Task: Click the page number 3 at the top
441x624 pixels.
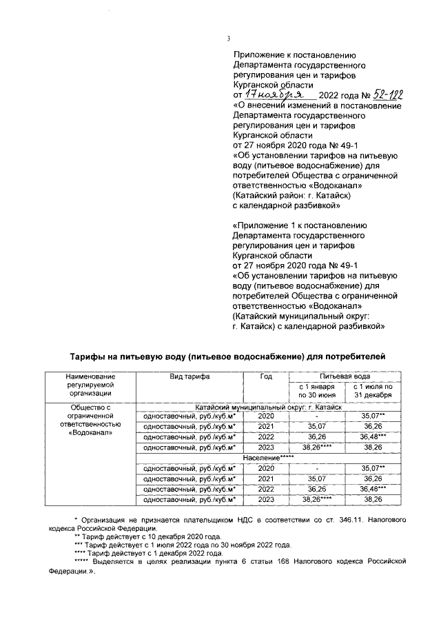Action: click(228, 39)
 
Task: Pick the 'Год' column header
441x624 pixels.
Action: click(266, 376)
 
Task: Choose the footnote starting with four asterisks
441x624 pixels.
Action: click(147, 553)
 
